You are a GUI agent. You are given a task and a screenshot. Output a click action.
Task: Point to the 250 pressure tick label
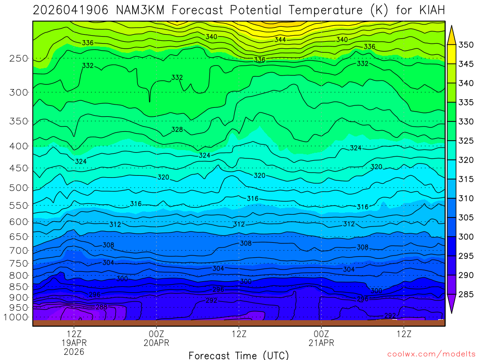click(19, 59)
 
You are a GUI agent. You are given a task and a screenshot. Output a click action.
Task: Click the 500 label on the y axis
click(19, 188)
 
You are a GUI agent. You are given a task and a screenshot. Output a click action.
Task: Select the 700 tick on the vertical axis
click(19, 250)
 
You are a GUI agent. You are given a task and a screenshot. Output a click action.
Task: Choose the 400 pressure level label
click(19, 146)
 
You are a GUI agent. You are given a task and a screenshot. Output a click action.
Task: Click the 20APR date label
click(156, 343)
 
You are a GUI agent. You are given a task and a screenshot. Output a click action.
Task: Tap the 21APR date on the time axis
click(321, 343)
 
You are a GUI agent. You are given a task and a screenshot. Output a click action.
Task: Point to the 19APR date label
click(74, 343)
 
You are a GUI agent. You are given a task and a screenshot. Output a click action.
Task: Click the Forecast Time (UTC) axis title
click(239, 355)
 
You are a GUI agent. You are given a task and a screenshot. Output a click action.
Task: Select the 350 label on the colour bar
click(466, 45)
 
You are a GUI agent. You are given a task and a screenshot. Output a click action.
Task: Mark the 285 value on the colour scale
click(466, 294)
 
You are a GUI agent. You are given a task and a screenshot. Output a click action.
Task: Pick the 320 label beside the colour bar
click(466, 160)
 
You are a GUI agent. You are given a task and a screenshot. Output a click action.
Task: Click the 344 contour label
click(280, 40)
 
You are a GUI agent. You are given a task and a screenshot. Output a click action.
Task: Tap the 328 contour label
click(177, 129)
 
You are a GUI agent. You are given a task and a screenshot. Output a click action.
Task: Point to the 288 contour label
click(101, 307)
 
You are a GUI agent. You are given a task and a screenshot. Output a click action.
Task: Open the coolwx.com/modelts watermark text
click(431, 353)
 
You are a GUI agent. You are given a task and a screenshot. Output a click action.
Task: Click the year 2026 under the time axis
click(74, 351)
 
